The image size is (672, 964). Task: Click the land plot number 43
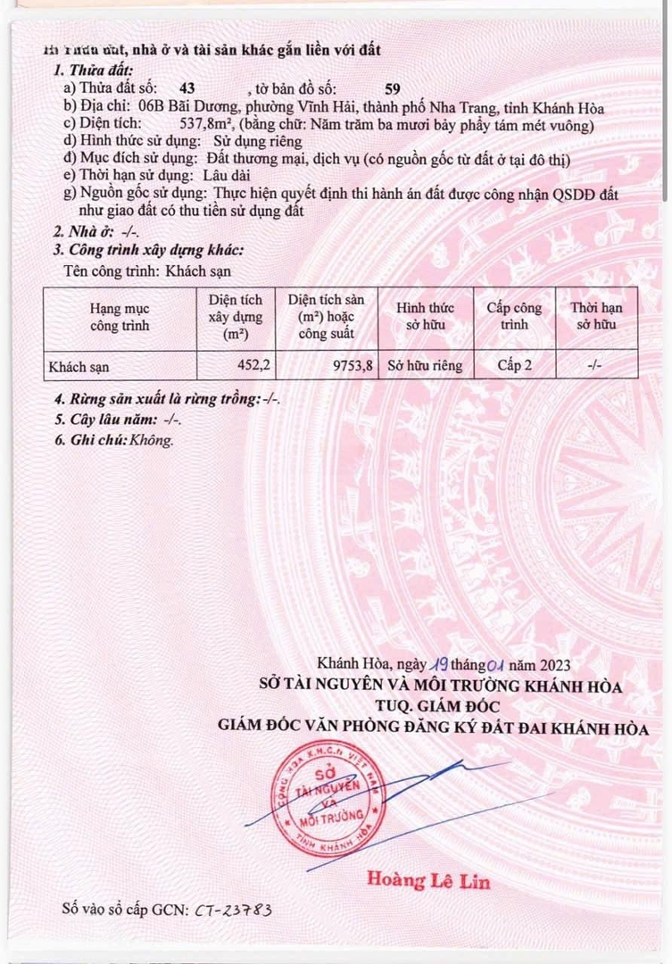[187, 88]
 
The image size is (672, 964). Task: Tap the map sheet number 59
[391, 88]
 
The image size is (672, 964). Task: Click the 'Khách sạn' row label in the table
[79, 365]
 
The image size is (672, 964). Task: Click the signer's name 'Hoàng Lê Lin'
[428, 880]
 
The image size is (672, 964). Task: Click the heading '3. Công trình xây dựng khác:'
[147, 251]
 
